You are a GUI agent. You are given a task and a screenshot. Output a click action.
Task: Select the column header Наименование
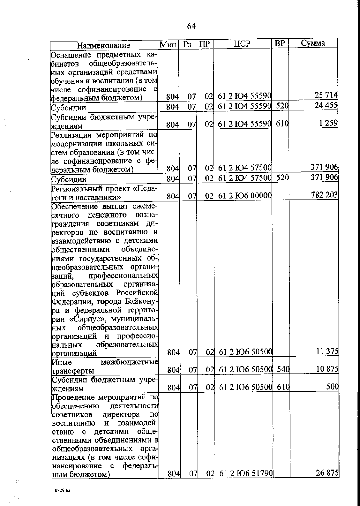(x=103, y=45)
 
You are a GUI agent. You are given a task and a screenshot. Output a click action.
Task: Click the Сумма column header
(x=313, y=43)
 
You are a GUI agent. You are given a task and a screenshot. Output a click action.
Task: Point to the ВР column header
(x=280, y=44)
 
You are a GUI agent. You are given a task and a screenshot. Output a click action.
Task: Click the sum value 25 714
(x=326, y=95)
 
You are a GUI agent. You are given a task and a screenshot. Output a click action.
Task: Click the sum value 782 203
(x=324, y=195)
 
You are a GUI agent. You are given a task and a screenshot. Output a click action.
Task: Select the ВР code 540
(x=283, y=369)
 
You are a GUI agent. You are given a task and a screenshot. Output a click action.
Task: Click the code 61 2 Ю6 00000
(x=245, y=196)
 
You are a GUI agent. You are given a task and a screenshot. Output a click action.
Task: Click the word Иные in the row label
(x=62, y=362)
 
